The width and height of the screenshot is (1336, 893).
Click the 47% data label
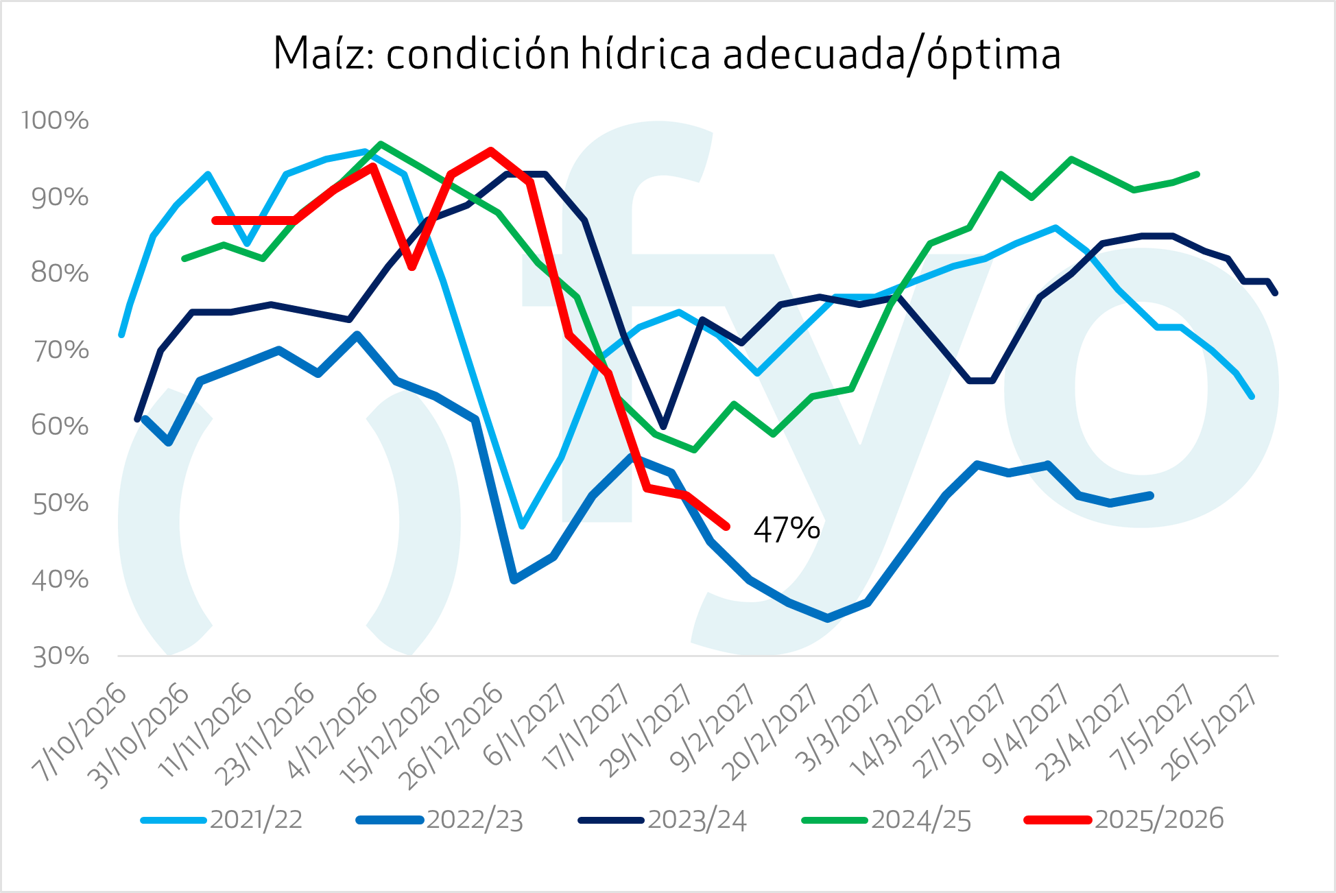coord(786,529)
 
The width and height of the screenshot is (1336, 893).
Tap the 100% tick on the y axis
coord(55,121)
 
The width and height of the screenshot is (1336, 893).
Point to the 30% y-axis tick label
coord(60,656)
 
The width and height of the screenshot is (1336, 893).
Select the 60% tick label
coord(60,427)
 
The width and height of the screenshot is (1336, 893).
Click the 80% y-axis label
coord(60,274)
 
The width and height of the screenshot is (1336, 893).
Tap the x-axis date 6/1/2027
coord(525,726)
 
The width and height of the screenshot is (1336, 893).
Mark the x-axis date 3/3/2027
coord(837,728)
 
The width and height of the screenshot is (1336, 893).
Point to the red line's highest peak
coord(491,151)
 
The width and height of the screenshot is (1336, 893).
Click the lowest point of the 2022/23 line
coord(828,618)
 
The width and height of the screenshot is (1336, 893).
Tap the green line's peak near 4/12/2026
coord(381,144)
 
